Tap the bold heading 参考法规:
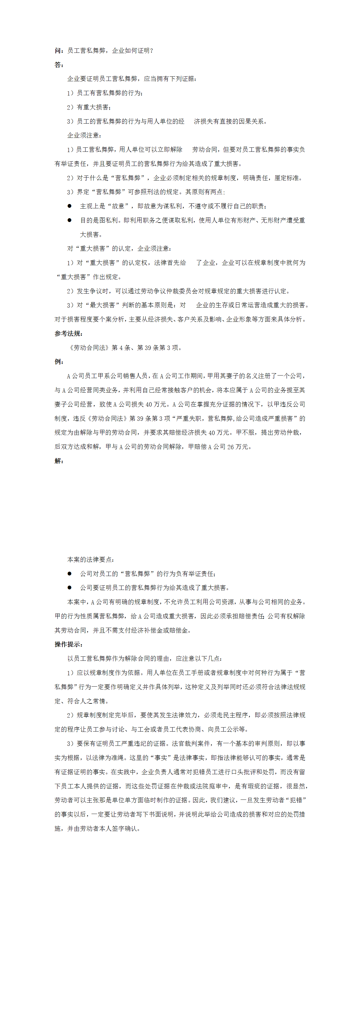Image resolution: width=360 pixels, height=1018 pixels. pyautogui.click(x=68, y=333)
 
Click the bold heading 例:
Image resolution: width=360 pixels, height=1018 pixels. pyautogui.click(x=59, y=362)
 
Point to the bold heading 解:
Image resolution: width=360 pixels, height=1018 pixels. pyautogui.click(x=59, y=461)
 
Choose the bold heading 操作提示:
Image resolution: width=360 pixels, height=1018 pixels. pyautogui.click(x=68, y=645)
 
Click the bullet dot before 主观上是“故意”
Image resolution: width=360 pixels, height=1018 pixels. pyautogui.click(x=70, y=206)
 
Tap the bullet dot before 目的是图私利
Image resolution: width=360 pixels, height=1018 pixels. pyautogui.click(x=70, y=220)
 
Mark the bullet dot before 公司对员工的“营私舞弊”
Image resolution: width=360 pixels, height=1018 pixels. pyautogui.click(x=70, y=573)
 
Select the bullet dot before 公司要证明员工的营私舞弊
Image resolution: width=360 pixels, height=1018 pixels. pyautogui.click(x=70, y=588)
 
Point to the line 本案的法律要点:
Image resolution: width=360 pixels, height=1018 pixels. pyautogui.click(x=91, y=559)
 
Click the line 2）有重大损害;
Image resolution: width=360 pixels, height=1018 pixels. pyautogui.click(x=89, y=107)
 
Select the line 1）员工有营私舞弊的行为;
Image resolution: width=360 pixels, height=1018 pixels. pyautogui.click(x=105, y=93)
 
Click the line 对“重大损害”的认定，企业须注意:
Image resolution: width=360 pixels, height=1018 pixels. pyautogui.click(x=119, y=249)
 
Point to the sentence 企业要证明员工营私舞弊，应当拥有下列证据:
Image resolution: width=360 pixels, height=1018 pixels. pyautogui.click(x=132, y=79)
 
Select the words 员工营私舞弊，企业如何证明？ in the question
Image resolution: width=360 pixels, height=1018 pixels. pyautogui.click(x=110, y=50)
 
